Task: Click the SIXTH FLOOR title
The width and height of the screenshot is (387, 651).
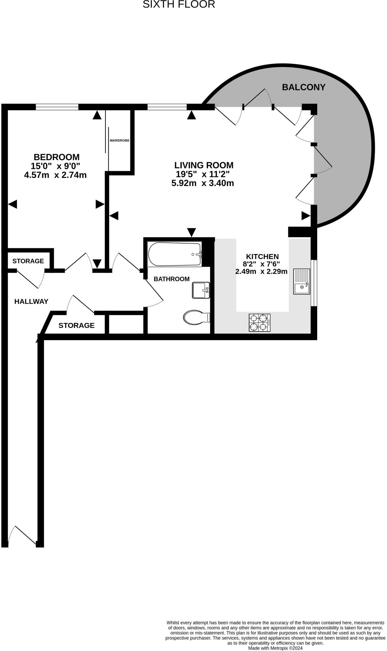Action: [x=179, y=4]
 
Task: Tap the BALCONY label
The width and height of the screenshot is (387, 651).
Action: [x=304, y=87]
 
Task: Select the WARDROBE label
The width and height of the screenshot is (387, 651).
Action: [x=119, y=140]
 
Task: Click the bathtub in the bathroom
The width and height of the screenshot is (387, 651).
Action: [x=175, y=254]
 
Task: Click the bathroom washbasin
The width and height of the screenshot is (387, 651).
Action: [x=201, y=290]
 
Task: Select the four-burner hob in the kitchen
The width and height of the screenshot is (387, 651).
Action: [x=260, y=323]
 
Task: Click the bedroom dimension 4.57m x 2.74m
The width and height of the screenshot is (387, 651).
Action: [x=55, y=175]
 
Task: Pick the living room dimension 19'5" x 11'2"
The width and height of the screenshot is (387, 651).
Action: [x=203, y=174]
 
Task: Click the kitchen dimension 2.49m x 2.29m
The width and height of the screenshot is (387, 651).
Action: [x=261, y=271]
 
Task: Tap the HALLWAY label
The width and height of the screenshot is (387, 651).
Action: [x=31, y=301]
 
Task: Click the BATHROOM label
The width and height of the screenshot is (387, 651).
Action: [x=171, y=279]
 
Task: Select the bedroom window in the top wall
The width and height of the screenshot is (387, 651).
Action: [x=57, y=107]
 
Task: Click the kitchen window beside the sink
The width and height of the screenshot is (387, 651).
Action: [x=314, y=283]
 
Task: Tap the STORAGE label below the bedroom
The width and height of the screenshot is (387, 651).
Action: [x=28, y=261]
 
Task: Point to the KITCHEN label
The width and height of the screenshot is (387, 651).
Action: [x=262, y=257]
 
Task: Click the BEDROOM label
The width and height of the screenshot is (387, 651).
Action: [x=57, y=157]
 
